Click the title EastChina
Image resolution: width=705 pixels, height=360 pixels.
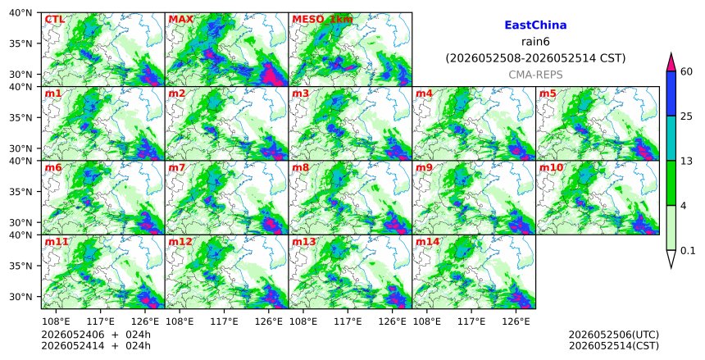[535, 25]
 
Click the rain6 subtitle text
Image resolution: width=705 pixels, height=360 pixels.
[535, 42]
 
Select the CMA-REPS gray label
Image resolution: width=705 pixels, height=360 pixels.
[535, 75]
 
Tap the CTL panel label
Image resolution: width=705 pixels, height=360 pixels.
[55, 20]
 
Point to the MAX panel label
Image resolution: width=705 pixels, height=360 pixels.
[180, 20]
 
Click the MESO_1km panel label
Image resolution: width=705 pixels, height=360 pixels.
[322, 20]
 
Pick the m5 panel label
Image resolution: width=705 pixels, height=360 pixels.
[547, 93]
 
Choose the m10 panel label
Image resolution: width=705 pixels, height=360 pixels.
[551, 168]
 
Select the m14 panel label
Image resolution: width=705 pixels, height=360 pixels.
[427, 242]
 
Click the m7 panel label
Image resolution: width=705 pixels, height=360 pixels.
[177, 168]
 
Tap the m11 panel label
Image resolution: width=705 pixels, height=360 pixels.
[57, 242]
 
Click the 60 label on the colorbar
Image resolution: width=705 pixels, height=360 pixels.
[687, 72]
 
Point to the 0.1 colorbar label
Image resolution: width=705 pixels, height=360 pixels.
[688, 251]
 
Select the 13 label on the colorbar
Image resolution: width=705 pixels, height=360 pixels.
[686, 161]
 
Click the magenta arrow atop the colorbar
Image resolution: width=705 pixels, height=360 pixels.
[671, 62]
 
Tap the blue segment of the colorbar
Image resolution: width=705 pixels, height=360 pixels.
[671, 93]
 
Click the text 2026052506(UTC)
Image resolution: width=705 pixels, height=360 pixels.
[614, 335]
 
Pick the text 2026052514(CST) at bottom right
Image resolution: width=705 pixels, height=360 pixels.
[614, 345]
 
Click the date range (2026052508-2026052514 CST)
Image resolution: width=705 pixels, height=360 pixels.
[535, 58]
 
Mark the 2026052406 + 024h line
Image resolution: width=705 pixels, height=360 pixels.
[96, 335]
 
